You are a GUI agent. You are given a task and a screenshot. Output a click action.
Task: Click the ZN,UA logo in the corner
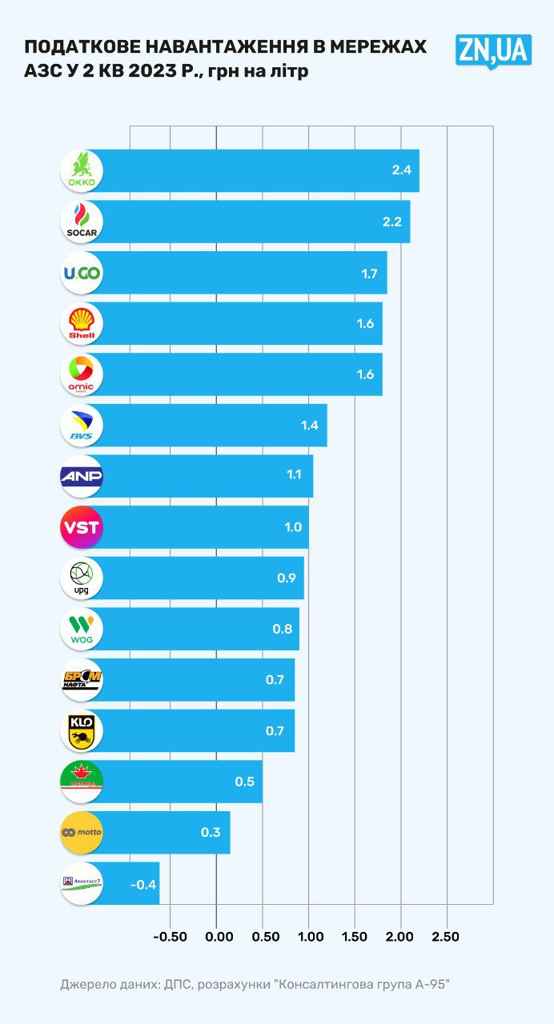click(x=493, y=50)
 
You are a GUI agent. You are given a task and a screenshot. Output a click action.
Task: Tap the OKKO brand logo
click(x=82, y=170)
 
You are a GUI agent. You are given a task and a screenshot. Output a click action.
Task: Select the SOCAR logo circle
click(x=82, y=222)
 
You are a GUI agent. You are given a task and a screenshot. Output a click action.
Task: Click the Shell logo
click(x=82, y=323)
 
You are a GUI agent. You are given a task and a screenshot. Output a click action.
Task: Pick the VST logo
click(x=82, y=527)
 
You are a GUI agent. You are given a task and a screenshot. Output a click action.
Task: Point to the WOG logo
click(x=82, y=629)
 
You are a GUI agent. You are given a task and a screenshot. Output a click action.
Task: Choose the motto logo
click(x=82, y=833)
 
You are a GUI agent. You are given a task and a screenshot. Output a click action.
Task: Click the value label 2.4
click(x=401, y=170)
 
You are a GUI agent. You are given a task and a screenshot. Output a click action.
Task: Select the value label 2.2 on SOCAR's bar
click(x=391, y=222)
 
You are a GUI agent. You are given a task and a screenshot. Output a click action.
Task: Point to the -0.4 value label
click(x=143, y=884)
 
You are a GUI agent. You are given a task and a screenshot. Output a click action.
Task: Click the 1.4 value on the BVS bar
click(x=310, y=426)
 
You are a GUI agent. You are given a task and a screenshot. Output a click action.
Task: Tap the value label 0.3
click(x=211, y=833)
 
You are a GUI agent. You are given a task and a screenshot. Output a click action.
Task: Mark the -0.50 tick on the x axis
click(x=169, y=937)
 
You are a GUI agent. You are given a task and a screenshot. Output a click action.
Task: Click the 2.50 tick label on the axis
click(x=445, y=937)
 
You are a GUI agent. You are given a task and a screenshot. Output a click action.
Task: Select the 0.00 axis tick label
click(x=218, y=937)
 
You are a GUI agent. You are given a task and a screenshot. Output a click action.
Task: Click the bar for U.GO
click(x=240, y=273)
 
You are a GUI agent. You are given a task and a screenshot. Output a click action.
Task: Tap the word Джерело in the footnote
click(x=84, y=984)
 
